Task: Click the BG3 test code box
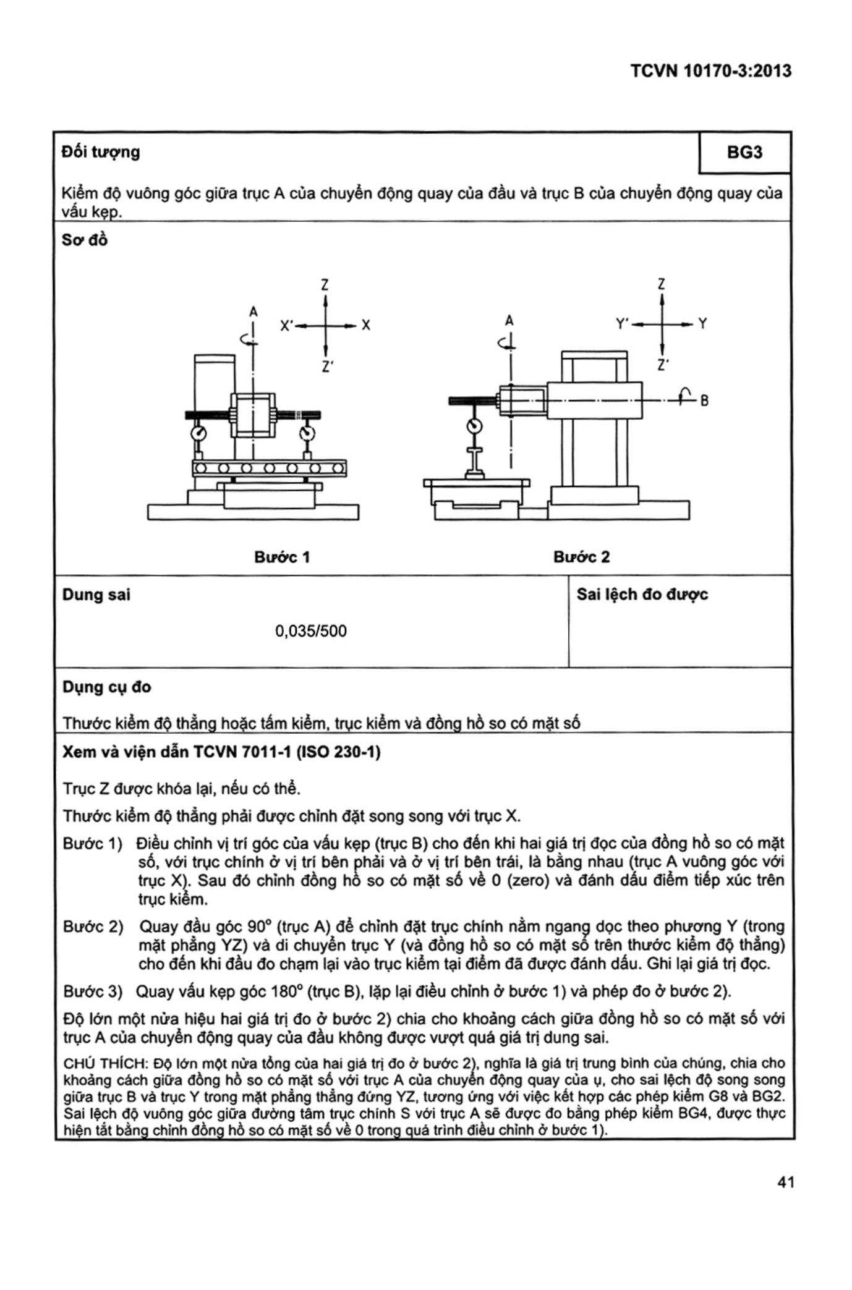[x=744, y=152]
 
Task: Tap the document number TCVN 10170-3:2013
[x=710, y=71]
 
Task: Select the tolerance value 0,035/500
[x=311, y=631]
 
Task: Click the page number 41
[x=785, y=1200]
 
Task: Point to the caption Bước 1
[x=282, y=557]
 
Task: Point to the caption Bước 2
[x=581, y=557]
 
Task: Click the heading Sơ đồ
[x=85, y=240]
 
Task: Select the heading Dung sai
[x=96, y=595]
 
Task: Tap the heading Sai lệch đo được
[x=642, y=595]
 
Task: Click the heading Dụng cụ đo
[x=107, y=687]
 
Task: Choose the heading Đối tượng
[x=101, y=152]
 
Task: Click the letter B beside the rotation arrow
[x=704, y=401]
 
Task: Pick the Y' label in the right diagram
[x=623, y=323]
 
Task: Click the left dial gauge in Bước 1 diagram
[x=199, y=432]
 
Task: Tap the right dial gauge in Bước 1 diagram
[x=307, y=432]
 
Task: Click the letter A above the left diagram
[x=253, y=312]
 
